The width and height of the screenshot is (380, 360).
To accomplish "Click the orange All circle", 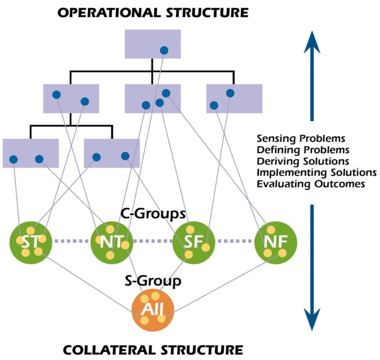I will [x=153, y=310].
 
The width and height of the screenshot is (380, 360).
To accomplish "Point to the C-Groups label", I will [x=153, y=214].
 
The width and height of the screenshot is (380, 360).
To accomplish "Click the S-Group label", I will [x=153, y=281].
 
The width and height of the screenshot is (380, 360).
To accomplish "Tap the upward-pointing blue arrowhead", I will [x=312, y=41].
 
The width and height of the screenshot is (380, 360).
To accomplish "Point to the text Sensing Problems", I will [x=301, y=139].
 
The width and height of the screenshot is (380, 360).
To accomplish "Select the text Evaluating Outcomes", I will [x=310, y=184].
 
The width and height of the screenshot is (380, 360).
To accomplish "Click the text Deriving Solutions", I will [x=302, y=162].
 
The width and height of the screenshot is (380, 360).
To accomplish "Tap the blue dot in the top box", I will [x=163, y=50].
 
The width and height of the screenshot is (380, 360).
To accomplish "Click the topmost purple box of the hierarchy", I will [x=152, y=43].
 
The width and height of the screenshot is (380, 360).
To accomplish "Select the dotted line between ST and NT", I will [x=71, y=241].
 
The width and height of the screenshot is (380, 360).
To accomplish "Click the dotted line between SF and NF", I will [x=235, y=241].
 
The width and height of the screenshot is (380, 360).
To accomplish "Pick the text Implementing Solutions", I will [x=316, y=173].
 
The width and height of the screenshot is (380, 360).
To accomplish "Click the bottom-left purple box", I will [x=30, y=153].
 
